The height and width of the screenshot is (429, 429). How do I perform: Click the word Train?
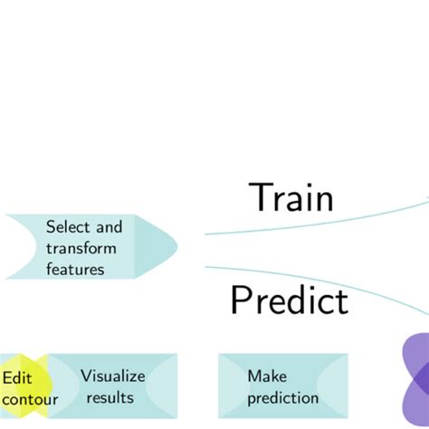[291, 197]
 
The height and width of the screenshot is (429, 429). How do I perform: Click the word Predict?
[289, 300]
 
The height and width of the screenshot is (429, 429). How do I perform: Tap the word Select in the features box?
[67, 226]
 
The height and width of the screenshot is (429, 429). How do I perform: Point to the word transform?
[81, 247]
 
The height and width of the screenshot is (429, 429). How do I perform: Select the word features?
[75, 269]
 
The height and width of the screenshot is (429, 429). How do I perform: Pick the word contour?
[29, 399]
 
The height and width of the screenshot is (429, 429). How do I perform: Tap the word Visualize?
[112, 376]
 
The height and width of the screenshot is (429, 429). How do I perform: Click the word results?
[110, 397]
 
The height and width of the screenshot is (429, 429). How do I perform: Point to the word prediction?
[282, 397]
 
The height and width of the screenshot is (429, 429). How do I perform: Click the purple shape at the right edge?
[415, 380]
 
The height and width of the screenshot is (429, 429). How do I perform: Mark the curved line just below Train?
[317, 223]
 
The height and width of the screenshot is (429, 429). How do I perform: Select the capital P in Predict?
[241, 300]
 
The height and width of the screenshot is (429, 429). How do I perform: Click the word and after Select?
[106, 226]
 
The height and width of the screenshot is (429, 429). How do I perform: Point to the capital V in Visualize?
[86, 376]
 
